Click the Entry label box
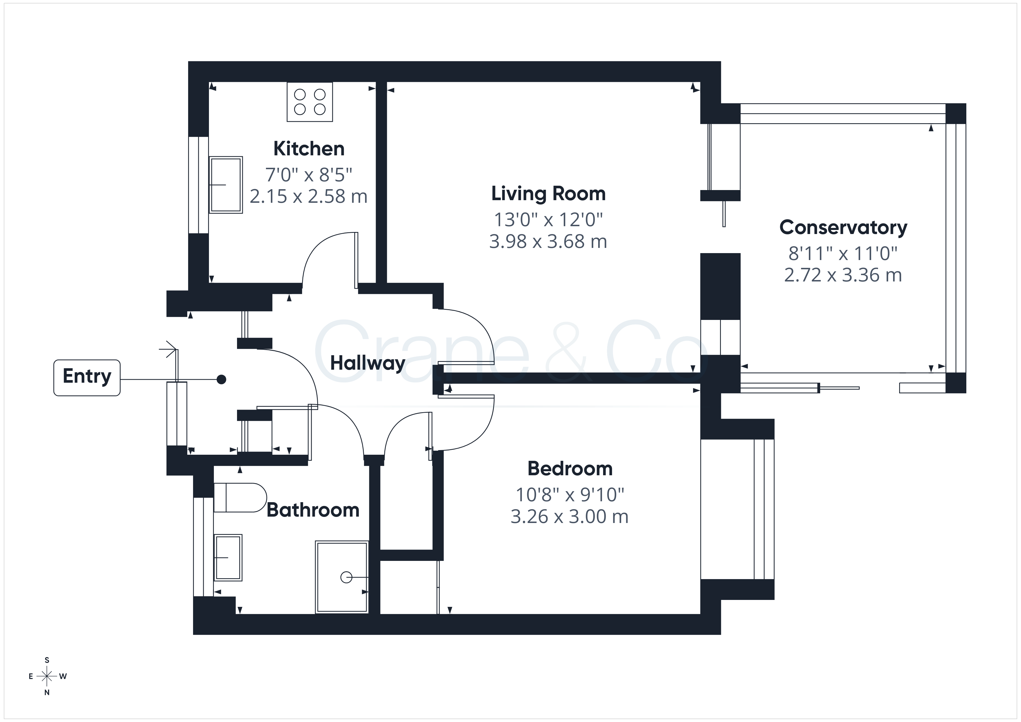click(x=87, y=377)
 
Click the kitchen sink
click(x=226, y=185)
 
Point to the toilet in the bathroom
click(x=240, y=498)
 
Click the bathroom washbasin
click(x=228, y=557)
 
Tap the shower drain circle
click(x=346, y=577)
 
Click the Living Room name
click(x=548, y=194)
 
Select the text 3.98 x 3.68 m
click(x=548, y=242)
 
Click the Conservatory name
click(x=843, y=228)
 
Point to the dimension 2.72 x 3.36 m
click(x=843, y=275)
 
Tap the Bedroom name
click(x=570, y=469)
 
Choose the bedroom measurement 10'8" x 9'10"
click(x=570, y=494)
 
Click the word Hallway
click(x=367, y=363)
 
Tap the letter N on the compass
click(x=47, y=693)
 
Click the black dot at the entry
click(x=221, y=379)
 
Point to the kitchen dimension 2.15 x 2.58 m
click(x=308, y=196)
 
